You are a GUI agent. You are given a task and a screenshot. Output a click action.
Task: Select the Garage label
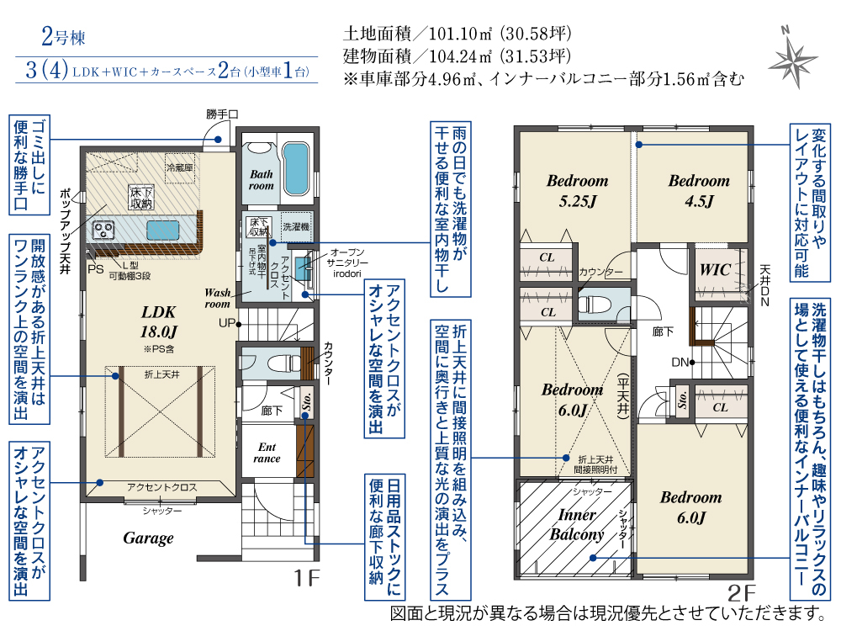[x=148, y=538]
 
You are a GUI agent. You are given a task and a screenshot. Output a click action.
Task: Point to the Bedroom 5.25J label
[x=577, y=190]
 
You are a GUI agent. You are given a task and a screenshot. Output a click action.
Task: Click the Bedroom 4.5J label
[x=699, y=190]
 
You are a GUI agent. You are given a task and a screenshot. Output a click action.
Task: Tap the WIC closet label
[x=714, y=269]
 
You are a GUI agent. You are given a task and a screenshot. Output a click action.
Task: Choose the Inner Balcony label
[x=577, y=525]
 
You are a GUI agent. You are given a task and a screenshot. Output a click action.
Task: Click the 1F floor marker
[x=306, y=578]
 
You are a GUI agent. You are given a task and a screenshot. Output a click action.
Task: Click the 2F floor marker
[x=741, y=593]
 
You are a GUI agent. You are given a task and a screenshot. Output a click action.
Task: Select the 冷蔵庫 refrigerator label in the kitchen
[x=179, y=168]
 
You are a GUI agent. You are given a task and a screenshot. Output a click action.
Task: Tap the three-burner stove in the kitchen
[x=103, y=231]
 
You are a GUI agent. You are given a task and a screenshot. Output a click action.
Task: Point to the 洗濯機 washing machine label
[x=296, y=226]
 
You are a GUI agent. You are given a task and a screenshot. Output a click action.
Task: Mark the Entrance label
[x=267, y=453]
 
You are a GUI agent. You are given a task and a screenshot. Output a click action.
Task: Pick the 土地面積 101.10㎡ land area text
[x=457, y=34]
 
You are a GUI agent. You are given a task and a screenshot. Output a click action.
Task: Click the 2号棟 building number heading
[x=63, y=38]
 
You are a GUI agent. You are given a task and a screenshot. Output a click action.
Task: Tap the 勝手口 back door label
[x=222, y=114]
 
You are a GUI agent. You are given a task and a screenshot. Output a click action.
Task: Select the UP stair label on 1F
[x=227, y=323]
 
